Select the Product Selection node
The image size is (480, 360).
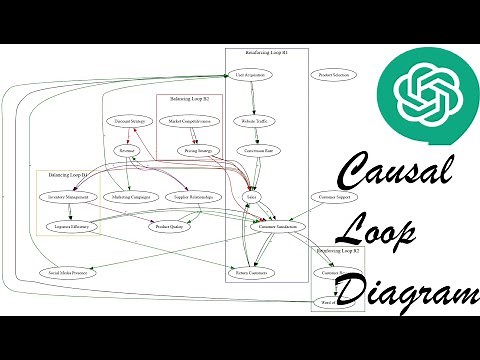(333, 75)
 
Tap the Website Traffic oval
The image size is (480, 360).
(253, 121)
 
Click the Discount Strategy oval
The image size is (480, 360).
(131, 121)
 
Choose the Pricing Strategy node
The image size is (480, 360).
(198, 151)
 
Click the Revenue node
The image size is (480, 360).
(126, 151)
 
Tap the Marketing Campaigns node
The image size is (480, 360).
(131, 198)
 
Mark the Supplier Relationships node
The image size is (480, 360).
(196, 198)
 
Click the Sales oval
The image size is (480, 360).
(252, 198)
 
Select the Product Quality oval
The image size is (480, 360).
(168, 228)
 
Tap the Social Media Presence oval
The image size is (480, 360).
(67, 272)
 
